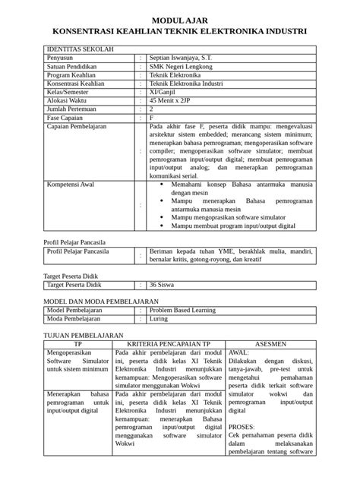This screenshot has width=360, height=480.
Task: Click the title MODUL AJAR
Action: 178,20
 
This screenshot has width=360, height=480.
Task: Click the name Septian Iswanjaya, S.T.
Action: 185,57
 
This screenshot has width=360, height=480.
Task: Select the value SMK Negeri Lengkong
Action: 182,67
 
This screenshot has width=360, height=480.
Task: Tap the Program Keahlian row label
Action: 74,77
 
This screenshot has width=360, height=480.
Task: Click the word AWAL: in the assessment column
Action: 239,353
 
